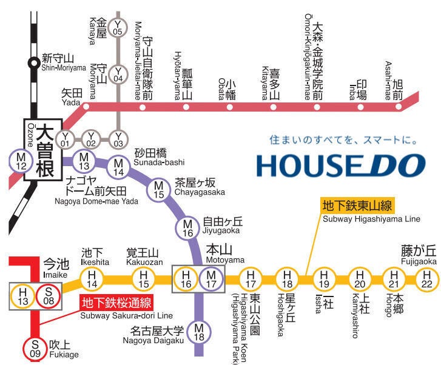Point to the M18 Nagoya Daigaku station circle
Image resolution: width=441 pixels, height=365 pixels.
click(198, 332)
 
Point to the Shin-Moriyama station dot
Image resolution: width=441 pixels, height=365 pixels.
click(34, 61)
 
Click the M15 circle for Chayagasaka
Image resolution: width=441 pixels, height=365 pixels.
click(159, 189)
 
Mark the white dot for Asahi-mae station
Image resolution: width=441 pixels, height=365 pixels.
click(399, 107)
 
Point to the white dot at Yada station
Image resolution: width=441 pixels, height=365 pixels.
click(86, 107)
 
